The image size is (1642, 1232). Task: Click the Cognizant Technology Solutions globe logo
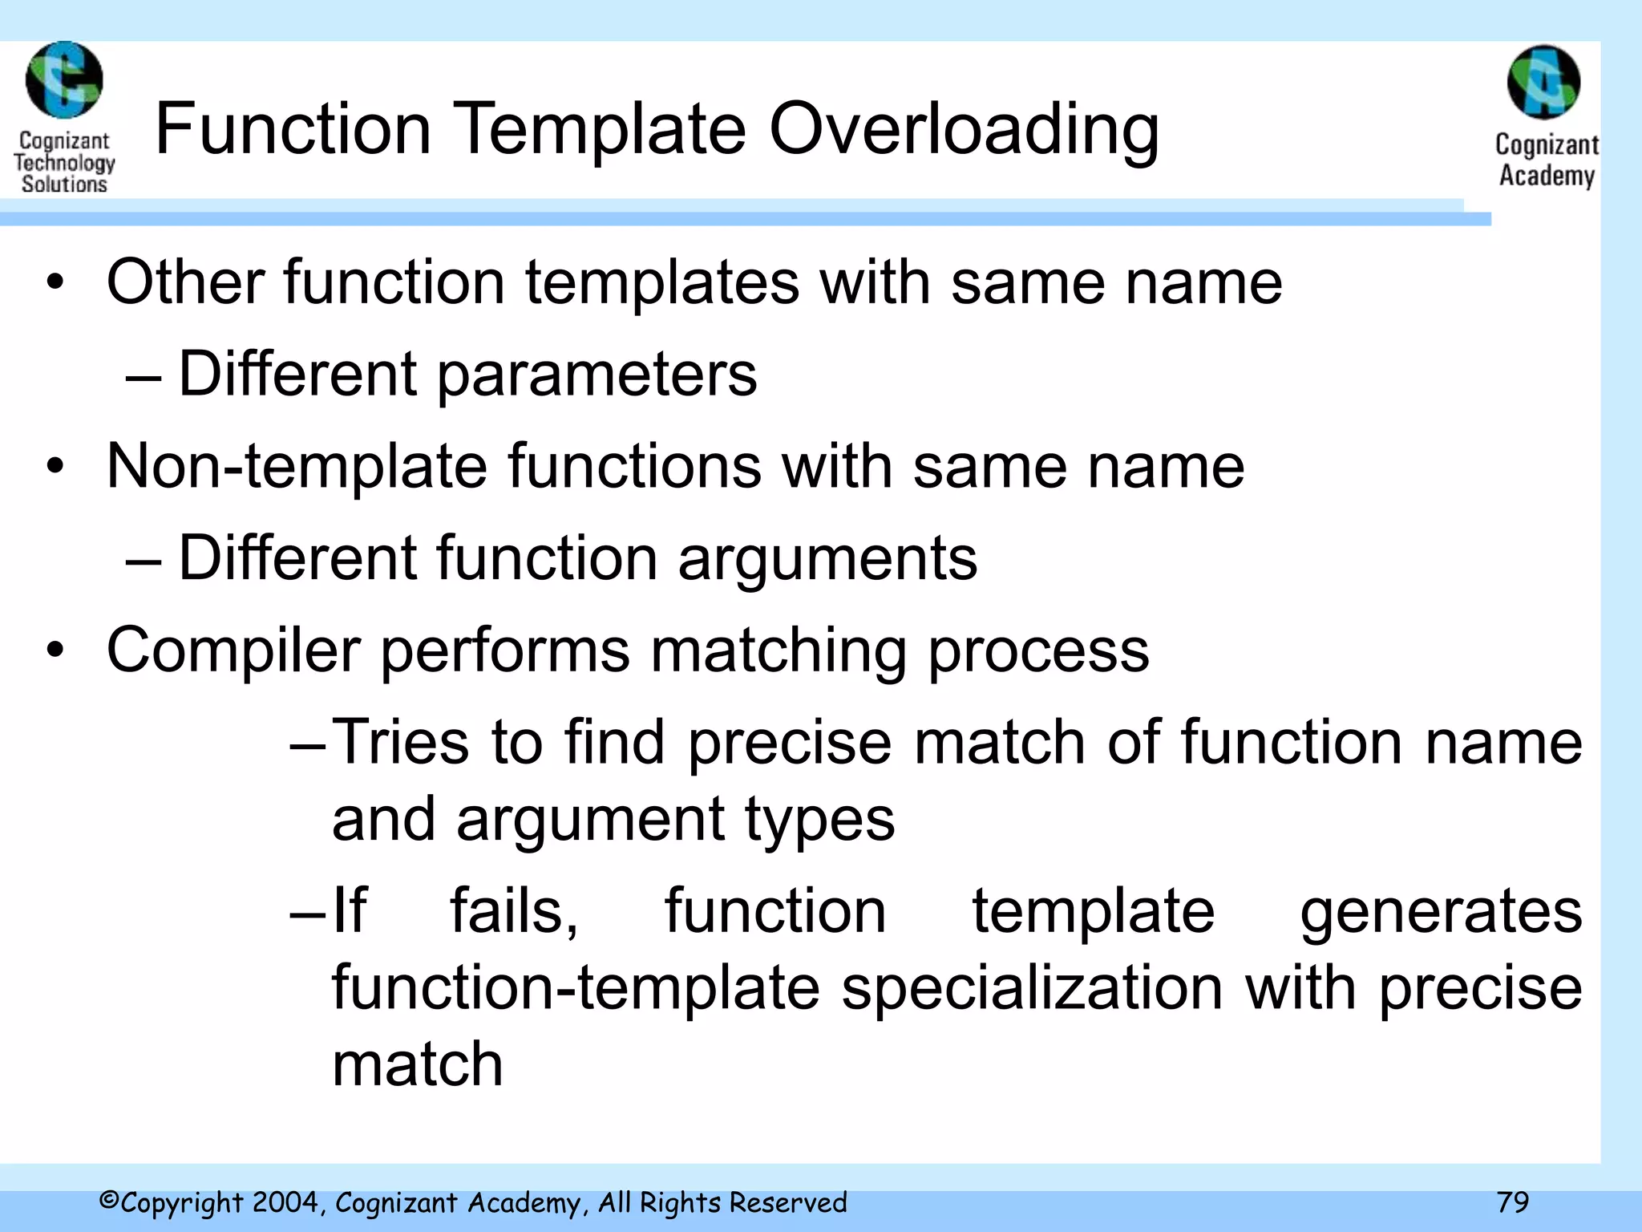tap(64, 81)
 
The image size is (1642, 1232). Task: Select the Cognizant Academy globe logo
tap(1543, 83)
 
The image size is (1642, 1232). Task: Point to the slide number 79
tap(1513, 1202)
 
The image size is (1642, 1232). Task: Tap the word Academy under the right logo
tap(1547, 176)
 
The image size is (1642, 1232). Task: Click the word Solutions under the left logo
tap(64, 184)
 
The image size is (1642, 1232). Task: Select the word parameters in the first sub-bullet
tap(597, 375)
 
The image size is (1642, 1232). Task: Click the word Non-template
tap(297, 466)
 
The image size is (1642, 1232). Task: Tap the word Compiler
tap(233, 650)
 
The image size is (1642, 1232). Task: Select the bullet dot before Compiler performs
tap(55, 650)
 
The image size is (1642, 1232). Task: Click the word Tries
tap(400, 742)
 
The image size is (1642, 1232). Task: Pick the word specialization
tap(1033, 988)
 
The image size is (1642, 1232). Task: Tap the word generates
tap(1441, 912)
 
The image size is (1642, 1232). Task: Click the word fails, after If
tap(513, 912)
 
